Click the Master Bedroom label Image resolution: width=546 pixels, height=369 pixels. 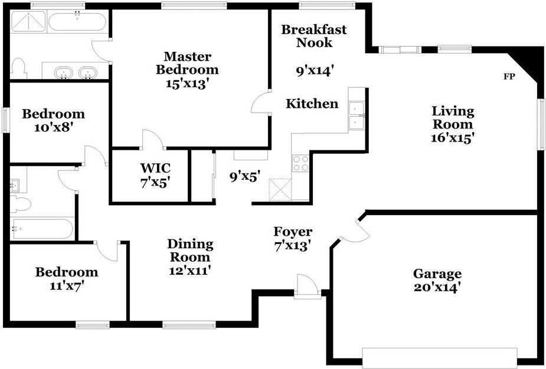[187, 62]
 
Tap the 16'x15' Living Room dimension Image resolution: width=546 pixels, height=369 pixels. [453, 138]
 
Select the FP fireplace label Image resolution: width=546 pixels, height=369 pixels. [509, 77]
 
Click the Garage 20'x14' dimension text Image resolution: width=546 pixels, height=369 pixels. [437, 288]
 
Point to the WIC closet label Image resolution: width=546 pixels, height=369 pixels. [155, 168]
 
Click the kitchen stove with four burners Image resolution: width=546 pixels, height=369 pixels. [300, 163]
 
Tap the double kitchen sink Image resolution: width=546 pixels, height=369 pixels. [356, 116]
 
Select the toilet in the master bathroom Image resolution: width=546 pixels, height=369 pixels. [18, 68]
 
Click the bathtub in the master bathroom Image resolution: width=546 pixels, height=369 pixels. [77, 22]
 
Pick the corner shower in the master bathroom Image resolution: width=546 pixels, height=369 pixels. [28, 22]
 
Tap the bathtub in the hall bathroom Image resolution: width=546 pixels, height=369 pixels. [41, 229]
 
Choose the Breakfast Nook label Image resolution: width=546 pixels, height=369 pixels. [314, 36]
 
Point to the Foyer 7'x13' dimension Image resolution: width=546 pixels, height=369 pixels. [292, 246]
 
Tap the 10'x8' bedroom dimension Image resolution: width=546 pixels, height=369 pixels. [54, 127]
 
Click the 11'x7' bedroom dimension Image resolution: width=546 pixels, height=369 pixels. [67, 286]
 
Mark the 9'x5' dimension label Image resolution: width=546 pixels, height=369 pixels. [245, 177]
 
